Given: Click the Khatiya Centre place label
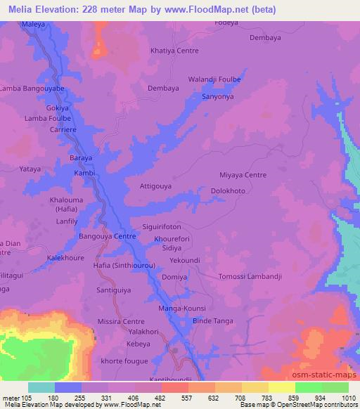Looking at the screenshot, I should (174, 51).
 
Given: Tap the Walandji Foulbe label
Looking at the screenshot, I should (214, 79).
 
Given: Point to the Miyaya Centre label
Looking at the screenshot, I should (243, 175).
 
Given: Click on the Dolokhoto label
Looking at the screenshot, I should (229, 190).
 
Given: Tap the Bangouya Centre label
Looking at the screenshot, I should (107, 237).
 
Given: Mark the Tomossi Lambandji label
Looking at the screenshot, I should (250, 277).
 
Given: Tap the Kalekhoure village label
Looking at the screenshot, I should (66, 258).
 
